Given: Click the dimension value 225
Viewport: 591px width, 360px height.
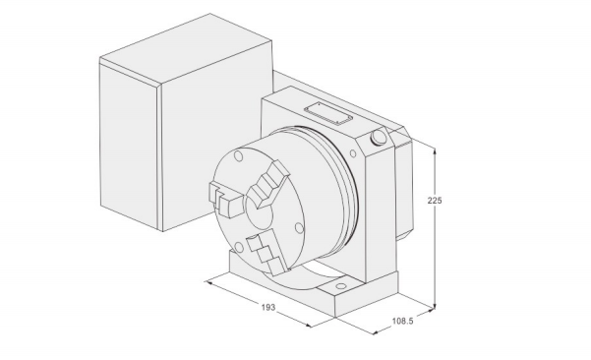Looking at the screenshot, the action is (435, 201).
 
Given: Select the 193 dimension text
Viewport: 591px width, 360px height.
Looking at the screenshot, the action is (268, 308).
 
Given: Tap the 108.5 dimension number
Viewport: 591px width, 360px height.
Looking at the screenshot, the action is (403, 321).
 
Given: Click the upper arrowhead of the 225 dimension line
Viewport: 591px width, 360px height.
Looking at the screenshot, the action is (435, 151).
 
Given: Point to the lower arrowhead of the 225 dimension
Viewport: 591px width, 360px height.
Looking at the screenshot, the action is (435, 305).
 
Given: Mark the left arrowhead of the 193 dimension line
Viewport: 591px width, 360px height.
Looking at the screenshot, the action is (207, 282).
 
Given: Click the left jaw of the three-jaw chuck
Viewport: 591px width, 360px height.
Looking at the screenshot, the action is (225, 199).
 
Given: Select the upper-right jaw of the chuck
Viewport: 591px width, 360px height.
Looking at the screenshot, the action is (269, 184).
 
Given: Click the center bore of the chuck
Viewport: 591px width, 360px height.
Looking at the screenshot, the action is (260, 214).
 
